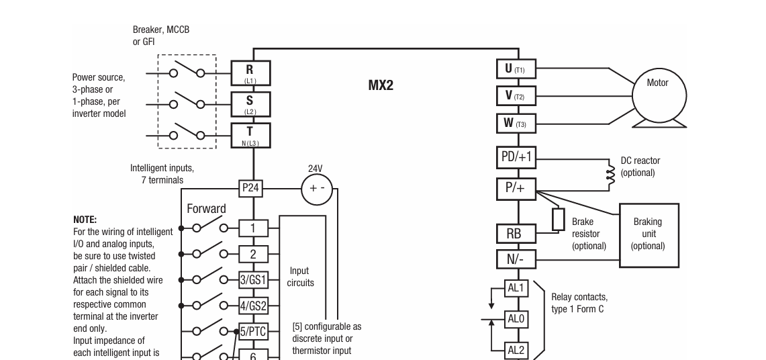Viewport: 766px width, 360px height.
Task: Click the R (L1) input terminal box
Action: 250,73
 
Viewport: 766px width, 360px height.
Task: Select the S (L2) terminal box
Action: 250,103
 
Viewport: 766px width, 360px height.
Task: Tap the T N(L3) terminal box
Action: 250,134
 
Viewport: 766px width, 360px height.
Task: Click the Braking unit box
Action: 648,233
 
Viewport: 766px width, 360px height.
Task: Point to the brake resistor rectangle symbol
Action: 558,219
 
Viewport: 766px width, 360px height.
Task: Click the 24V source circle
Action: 316,188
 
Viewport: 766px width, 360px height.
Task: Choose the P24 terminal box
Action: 250,188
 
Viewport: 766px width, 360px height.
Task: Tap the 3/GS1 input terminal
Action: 253,279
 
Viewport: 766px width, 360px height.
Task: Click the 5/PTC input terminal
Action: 253,330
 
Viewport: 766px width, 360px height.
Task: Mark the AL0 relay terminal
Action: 516,319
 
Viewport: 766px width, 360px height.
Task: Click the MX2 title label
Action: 381,86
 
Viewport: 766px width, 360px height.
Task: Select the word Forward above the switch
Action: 206,209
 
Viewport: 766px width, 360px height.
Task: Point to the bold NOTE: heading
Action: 85,220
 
